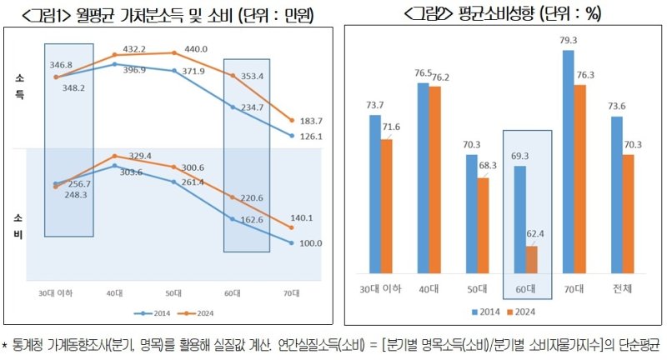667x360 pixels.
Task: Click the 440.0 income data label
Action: [x=185, y=49]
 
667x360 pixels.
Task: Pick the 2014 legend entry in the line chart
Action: [x=155, y=313]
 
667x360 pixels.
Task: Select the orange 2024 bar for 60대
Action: [x=532, y=259]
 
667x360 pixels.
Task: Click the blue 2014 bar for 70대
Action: [x=569, y=161]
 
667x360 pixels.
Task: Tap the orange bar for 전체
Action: [x=628, y=213]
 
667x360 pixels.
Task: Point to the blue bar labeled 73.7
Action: [x=374, y=193]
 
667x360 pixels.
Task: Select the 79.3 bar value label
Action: [x=569, y=39]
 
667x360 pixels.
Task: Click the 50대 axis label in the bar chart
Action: [x=477, y=288]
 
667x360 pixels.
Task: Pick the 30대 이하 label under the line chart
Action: [x=55, y=292]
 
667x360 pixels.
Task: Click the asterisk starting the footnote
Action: [x=5, y=343]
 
